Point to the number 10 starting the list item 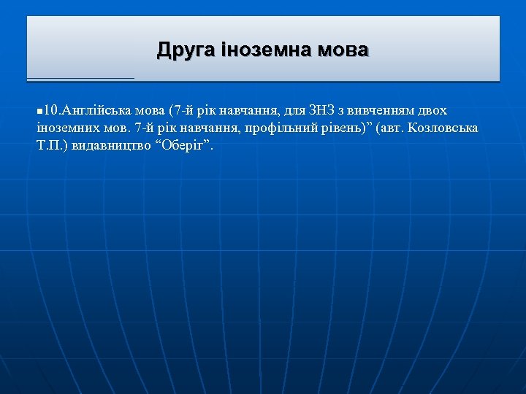tap(50, 111)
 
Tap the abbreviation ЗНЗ tap(323, 111)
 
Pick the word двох tap(434, 111)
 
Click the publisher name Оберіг tap(182, 144)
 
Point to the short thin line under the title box tap(80, 78)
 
